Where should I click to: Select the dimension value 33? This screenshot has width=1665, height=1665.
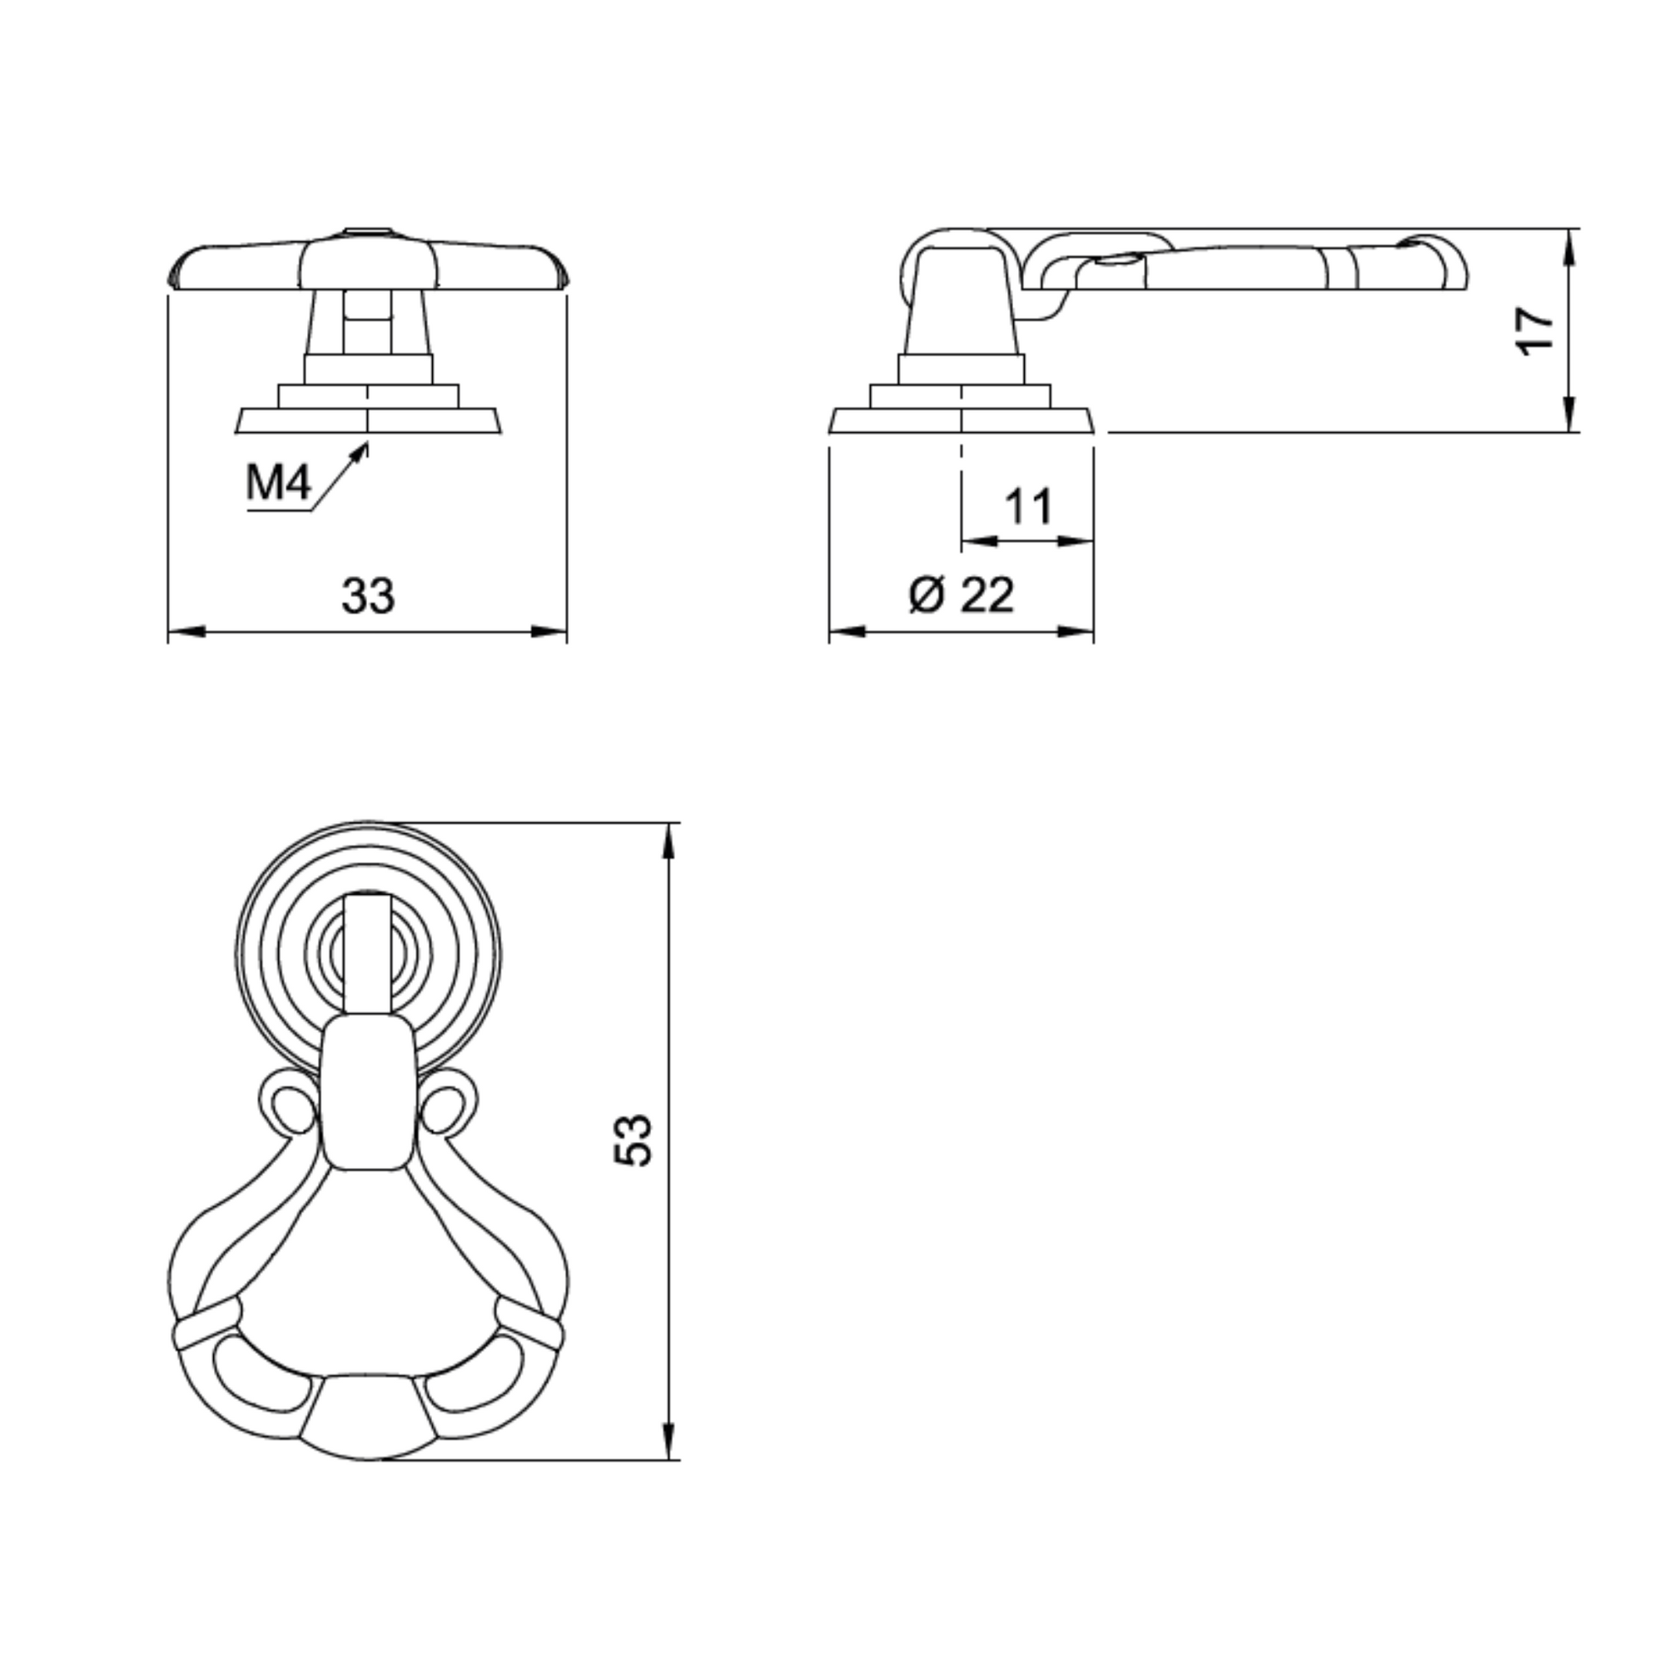[x=368, y=595]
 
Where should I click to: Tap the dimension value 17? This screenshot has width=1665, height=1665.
[x=1535, y=330]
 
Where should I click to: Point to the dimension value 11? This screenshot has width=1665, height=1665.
[x=1028, y=506]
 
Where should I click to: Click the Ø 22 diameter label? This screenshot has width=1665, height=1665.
[x=962, y=595]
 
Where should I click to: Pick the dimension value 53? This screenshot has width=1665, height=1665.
[x=633, y=1141]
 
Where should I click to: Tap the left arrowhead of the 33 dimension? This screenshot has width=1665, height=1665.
[x=187, y=631]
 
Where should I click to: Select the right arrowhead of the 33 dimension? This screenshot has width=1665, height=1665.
[x=549, y=631]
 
